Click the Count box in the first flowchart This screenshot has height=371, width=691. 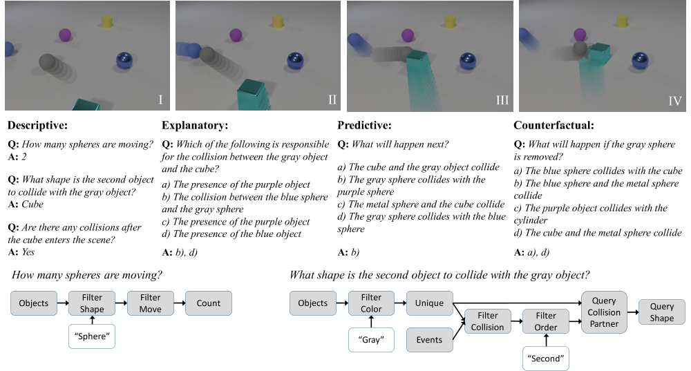tap(208, 303)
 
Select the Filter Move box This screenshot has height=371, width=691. tap(150, 303)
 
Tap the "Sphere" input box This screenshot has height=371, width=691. tap(92, 339)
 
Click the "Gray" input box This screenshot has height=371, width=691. tap(371, 340)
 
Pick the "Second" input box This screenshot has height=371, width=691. tap(546, 359)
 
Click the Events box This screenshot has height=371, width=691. tap(429, 340)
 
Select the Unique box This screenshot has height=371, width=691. tap(429, 303)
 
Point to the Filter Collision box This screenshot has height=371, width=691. tap(488, 322)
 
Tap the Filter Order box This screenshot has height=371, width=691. tap(546, 322)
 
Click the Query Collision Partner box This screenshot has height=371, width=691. tap(604, 312)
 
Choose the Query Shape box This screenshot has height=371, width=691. tap(662, 312)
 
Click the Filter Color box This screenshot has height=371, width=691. tap(371, 303)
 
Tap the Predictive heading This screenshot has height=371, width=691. tap(365, 126)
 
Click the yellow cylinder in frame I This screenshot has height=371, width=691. tap(107, 20)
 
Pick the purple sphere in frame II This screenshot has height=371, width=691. tap(236, 35)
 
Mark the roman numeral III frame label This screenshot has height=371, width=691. tap(502, 101)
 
